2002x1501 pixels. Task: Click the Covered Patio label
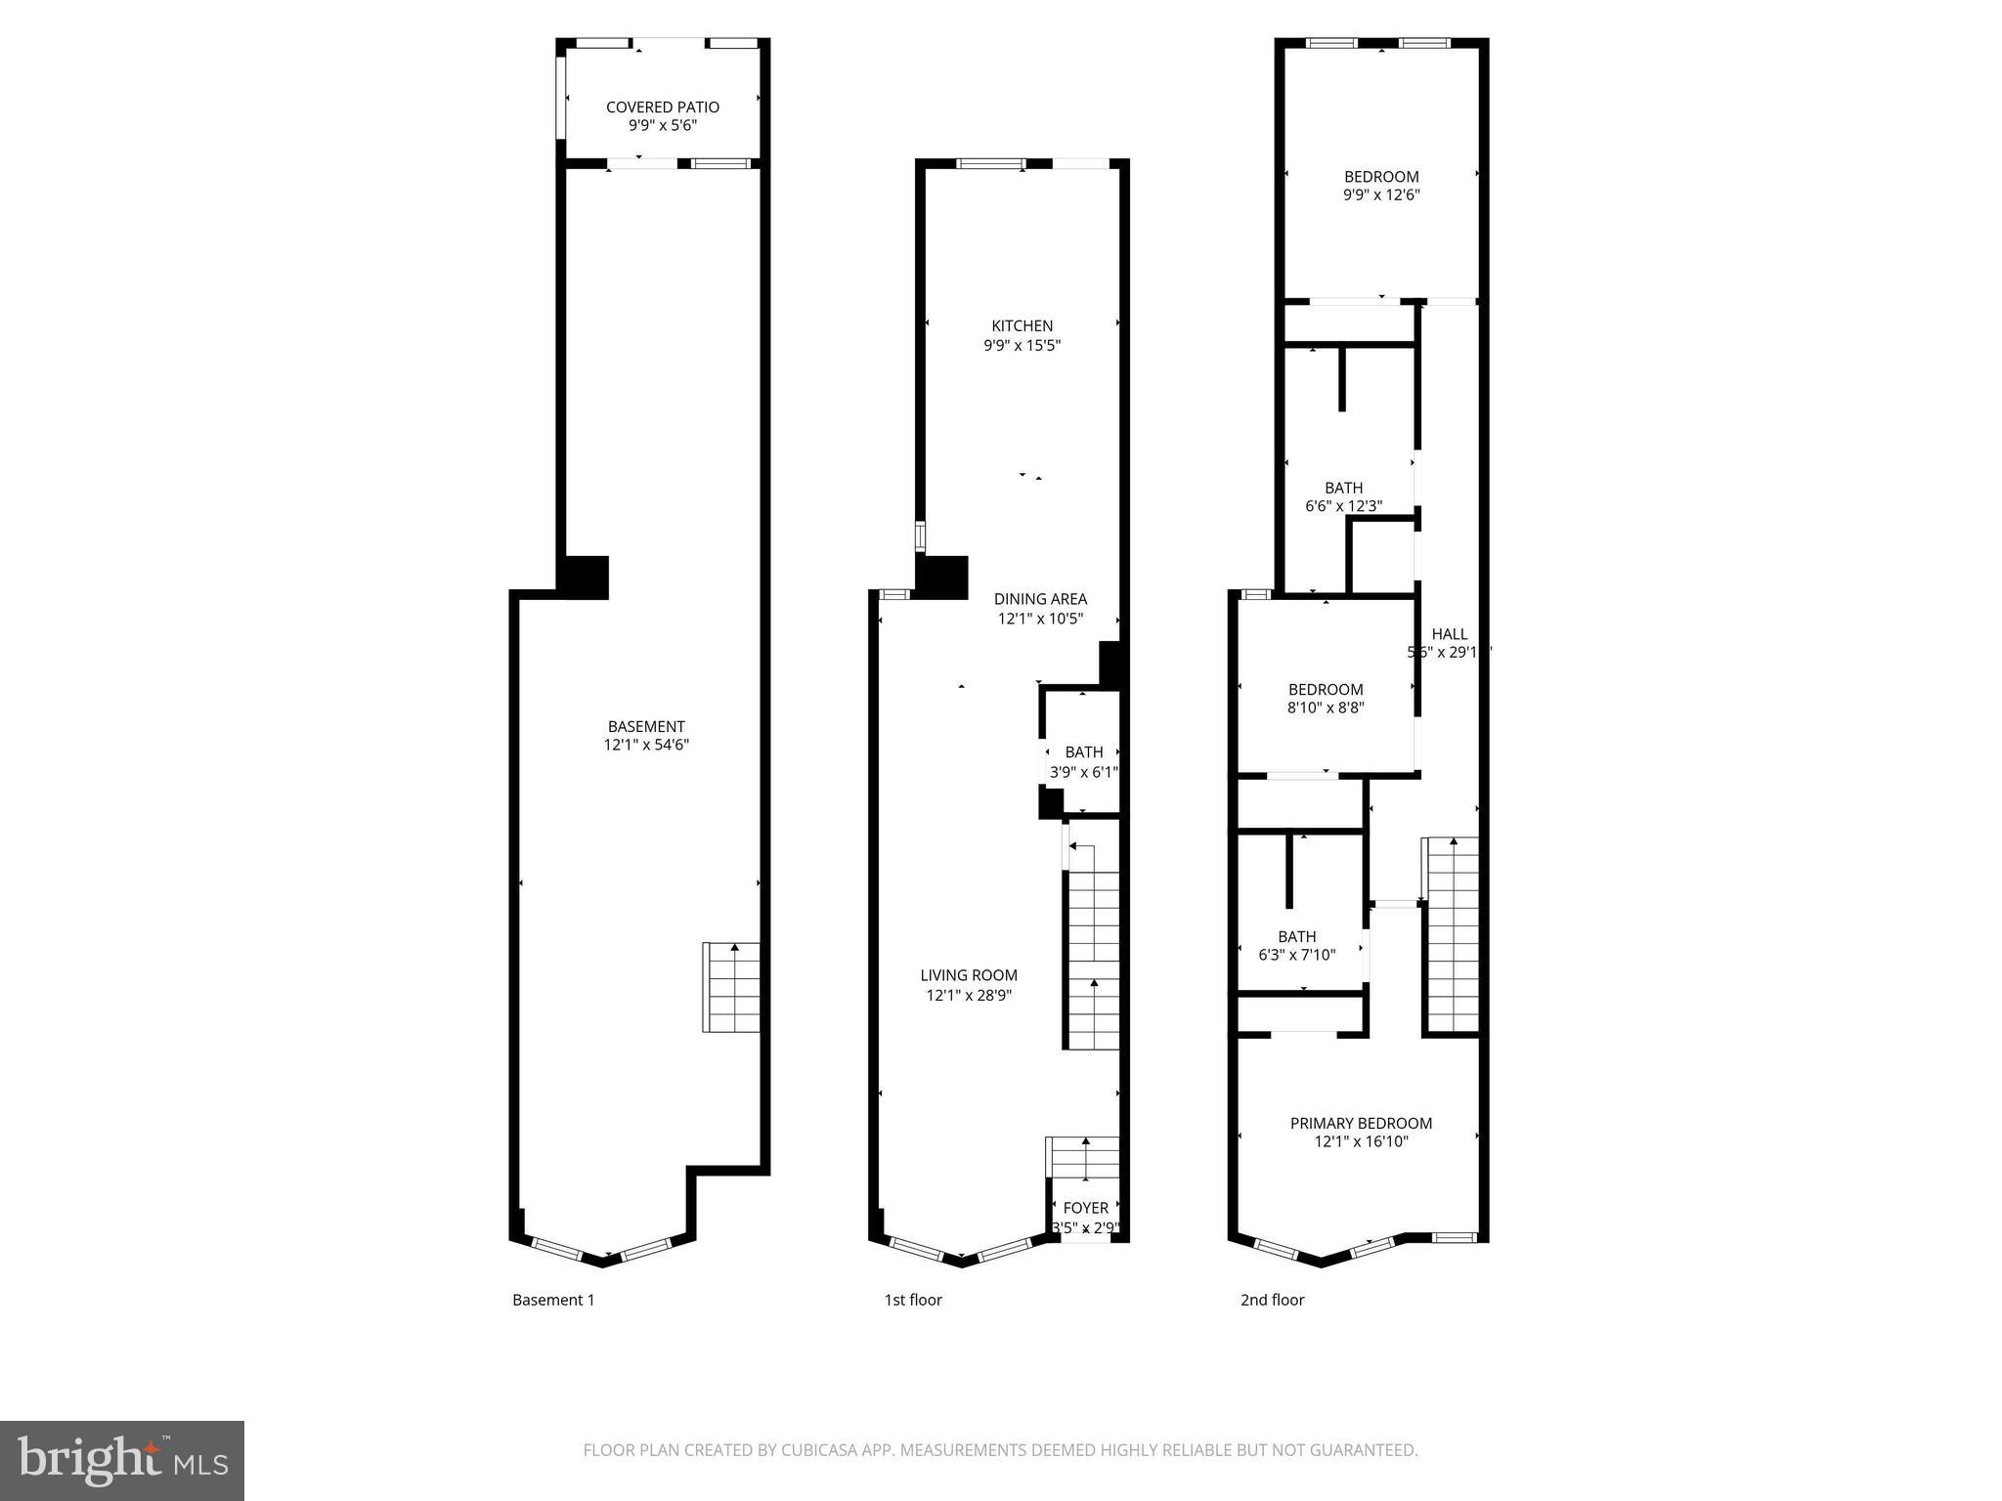coord(662,107)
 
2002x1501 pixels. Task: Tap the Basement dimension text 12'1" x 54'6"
coord(646,745)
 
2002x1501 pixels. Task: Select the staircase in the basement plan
coord(731,987)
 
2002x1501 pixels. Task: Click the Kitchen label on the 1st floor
coord(1022,326)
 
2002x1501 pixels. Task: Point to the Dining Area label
coord(1040,599)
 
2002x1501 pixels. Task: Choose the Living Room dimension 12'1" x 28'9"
coord(969,995)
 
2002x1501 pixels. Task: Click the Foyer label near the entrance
coord(1085,1208)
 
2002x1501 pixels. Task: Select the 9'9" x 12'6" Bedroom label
coord(1380,177)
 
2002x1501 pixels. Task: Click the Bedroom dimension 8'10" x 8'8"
coord(1325,708)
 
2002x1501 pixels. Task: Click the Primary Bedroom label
coord(1361,1124)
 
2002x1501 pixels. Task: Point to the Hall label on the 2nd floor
coord(1449,634)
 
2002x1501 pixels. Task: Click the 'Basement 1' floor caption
coord(553,1300)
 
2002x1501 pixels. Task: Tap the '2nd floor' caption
coord(1272,1300)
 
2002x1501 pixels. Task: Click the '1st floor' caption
coord(913,1300)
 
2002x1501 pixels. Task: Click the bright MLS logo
coord(121,1460)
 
